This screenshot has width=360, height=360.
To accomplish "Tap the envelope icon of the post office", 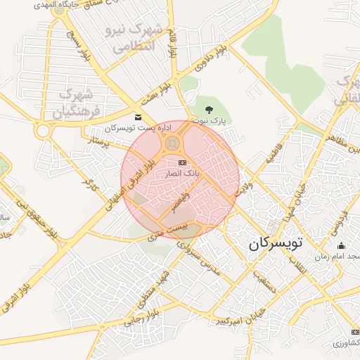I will click(138, 117).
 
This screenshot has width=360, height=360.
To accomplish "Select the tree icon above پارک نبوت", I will click(209, 109).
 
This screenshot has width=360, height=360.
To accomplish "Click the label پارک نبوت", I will click(211, 121).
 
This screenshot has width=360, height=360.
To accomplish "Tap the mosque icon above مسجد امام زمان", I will click(342, 245).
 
